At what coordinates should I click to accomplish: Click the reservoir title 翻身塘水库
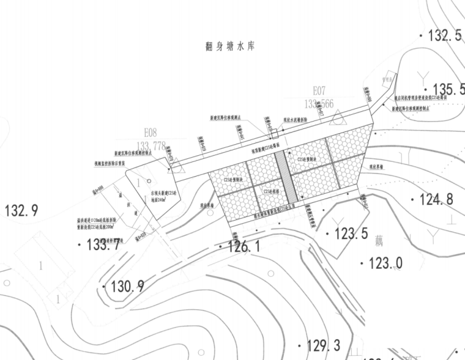[229, 46]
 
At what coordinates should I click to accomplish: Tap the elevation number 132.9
[21, 211]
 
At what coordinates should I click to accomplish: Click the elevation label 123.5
[350, 233]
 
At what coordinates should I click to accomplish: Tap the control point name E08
[151, 132]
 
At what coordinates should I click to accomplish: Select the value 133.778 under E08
[151, 145]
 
